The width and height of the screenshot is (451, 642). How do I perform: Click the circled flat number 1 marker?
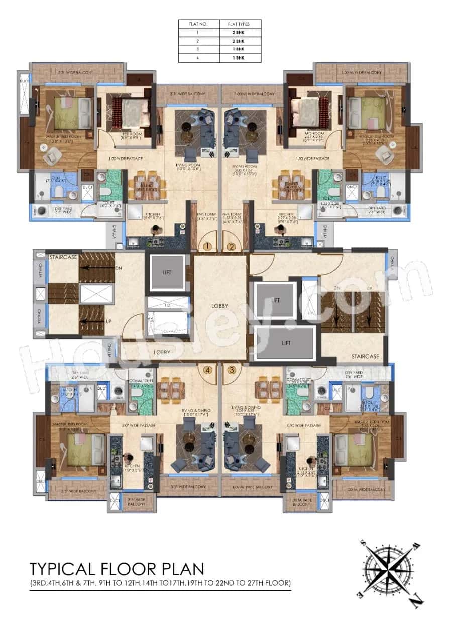click(207, 246)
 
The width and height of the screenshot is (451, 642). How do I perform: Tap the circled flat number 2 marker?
click(231, 246)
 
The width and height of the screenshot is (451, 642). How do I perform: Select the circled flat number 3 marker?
click(231, 370)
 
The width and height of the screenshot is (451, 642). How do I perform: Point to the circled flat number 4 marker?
click(207, 370)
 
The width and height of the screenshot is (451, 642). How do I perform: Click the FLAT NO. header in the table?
click(199, 24)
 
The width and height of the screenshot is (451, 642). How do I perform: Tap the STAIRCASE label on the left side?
click(63, 256)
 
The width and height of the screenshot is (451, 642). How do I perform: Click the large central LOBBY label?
click(219, 306)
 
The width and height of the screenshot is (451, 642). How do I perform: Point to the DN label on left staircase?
click(119, 269)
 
